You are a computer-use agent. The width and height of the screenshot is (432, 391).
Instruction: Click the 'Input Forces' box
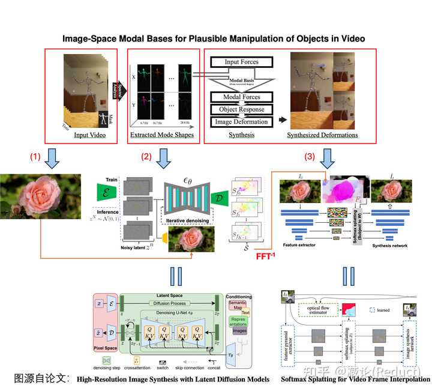click(242, 62)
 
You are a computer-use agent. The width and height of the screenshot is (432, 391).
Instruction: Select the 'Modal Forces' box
click(241, 97)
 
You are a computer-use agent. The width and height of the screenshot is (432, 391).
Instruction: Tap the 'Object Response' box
click(241, 109)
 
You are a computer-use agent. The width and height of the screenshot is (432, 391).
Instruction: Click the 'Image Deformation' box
click(241, 121)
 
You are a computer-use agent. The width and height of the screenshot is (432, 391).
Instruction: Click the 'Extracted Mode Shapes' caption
click(161, 135)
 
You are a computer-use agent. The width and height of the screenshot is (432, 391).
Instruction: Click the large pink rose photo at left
click(42, 201)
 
